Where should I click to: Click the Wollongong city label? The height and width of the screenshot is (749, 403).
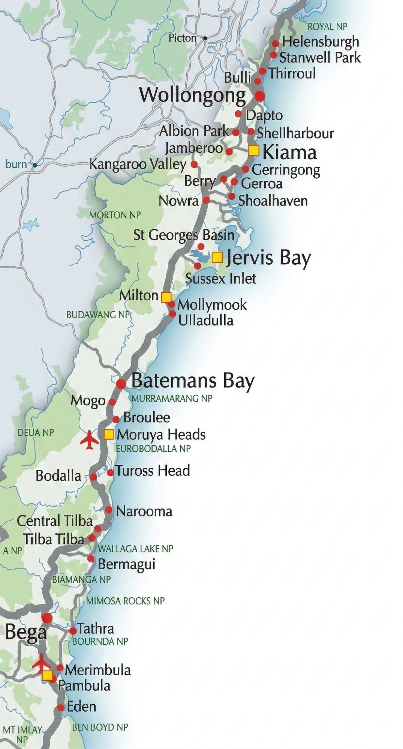[192, 95]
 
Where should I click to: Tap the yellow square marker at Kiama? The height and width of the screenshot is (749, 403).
[254, 151]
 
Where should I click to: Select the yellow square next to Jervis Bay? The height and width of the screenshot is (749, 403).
[217, 257]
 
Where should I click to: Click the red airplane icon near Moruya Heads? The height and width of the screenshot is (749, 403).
[90, 440]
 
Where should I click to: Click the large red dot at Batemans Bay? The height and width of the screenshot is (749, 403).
[121, 384]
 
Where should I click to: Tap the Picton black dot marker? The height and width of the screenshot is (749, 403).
[205, 38]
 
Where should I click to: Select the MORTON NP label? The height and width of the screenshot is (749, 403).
[115, 215]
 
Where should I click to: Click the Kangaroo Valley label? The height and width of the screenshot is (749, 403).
[138, 164]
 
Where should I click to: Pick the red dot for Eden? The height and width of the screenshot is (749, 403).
[61, 707]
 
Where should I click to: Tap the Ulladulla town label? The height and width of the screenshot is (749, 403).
[206, 321]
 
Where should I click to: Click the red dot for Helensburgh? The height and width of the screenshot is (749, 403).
[275, 43]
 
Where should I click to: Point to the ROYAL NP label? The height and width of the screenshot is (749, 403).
[327, 27]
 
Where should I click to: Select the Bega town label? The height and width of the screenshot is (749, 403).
[26, 633]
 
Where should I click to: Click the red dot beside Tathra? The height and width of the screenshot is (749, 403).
[73, 631]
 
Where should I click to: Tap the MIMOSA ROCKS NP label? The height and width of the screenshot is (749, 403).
[125, 601]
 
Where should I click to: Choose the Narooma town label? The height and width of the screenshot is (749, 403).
[144, 512]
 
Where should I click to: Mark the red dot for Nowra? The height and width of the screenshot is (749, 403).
[206, 200]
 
